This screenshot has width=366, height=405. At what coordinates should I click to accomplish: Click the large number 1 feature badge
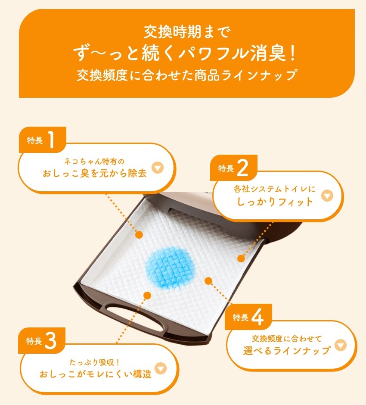[x=43, y=140]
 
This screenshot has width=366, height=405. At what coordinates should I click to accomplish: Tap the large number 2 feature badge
[x=233, y=168]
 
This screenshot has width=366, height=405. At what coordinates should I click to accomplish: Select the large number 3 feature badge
[x=42, y=340]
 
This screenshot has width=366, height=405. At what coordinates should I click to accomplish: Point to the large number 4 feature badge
[x=248, y=317]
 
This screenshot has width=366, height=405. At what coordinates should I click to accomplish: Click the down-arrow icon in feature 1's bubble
[x=158, y=168]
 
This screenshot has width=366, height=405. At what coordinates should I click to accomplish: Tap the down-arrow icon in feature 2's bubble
[x=327, y=196]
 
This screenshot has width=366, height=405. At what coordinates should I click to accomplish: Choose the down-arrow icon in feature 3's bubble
[x=161, y=368]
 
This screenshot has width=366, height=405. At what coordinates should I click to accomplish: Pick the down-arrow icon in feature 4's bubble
[x=341, y=345]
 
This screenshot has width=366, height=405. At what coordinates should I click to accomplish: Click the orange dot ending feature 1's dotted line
[x=139, y=234]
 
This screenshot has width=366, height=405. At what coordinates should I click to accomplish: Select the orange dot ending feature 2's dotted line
[x=241, y=258]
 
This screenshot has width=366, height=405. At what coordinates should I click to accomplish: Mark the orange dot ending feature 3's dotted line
[x=147, y=296]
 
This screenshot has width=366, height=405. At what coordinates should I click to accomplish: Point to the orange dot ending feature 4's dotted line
[x=208, y=280]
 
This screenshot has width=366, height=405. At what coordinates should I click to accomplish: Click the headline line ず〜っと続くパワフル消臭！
[x=185, y=53]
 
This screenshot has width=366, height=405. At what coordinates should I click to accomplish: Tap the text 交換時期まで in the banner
[x=187, y=32]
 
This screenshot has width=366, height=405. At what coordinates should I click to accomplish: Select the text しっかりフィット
[x=275, y=202]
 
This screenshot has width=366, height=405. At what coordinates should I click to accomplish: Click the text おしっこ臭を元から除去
[x=94, y=173]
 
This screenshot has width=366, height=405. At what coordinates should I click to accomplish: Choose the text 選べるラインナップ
[x=286, y=351]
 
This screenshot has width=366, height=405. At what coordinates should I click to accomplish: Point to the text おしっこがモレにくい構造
[x=96, y=374]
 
